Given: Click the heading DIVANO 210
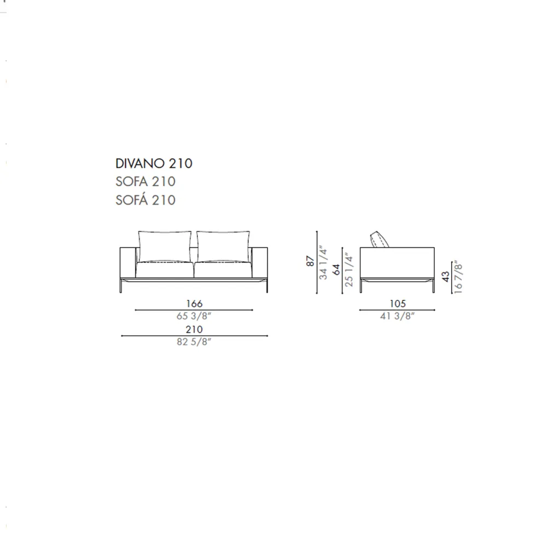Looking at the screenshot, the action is (x=154, y=163).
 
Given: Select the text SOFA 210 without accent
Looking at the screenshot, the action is (x=146, y=182).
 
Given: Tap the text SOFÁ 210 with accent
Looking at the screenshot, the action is (x=146, y=199).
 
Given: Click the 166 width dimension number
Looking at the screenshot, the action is (x=194, y=304).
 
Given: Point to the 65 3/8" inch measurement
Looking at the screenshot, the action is (x=194, y=316).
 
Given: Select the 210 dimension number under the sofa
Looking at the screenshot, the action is (x=194, y=329).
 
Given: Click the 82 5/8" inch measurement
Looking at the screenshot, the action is (x=194, y=341).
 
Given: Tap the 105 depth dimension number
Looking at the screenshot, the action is (x=398, y=304).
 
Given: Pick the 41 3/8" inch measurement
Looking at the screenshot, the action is (x=397, y=316).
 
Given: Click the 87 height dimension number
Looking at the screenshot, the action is (x=310, y=261).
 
